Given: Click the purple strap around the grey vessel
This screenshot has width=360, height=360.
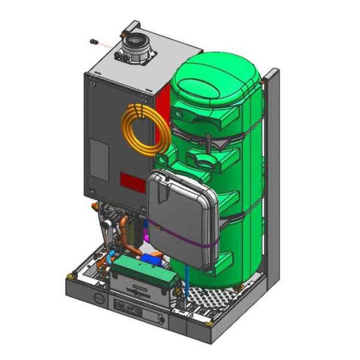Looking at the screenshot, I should [180, 238].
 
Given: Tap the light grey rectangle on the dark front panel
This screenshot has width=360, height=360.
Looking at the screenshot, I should [98, 159].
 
